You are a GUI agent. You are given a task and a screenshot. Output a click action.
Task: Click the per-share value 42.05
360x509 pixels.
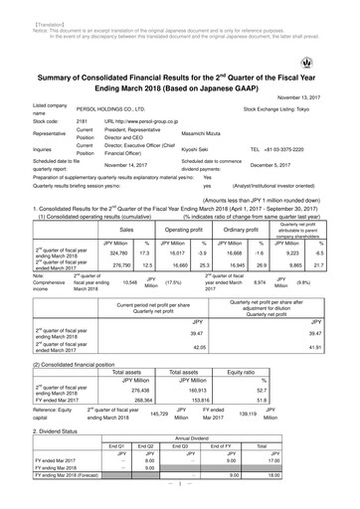point(199,347)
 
